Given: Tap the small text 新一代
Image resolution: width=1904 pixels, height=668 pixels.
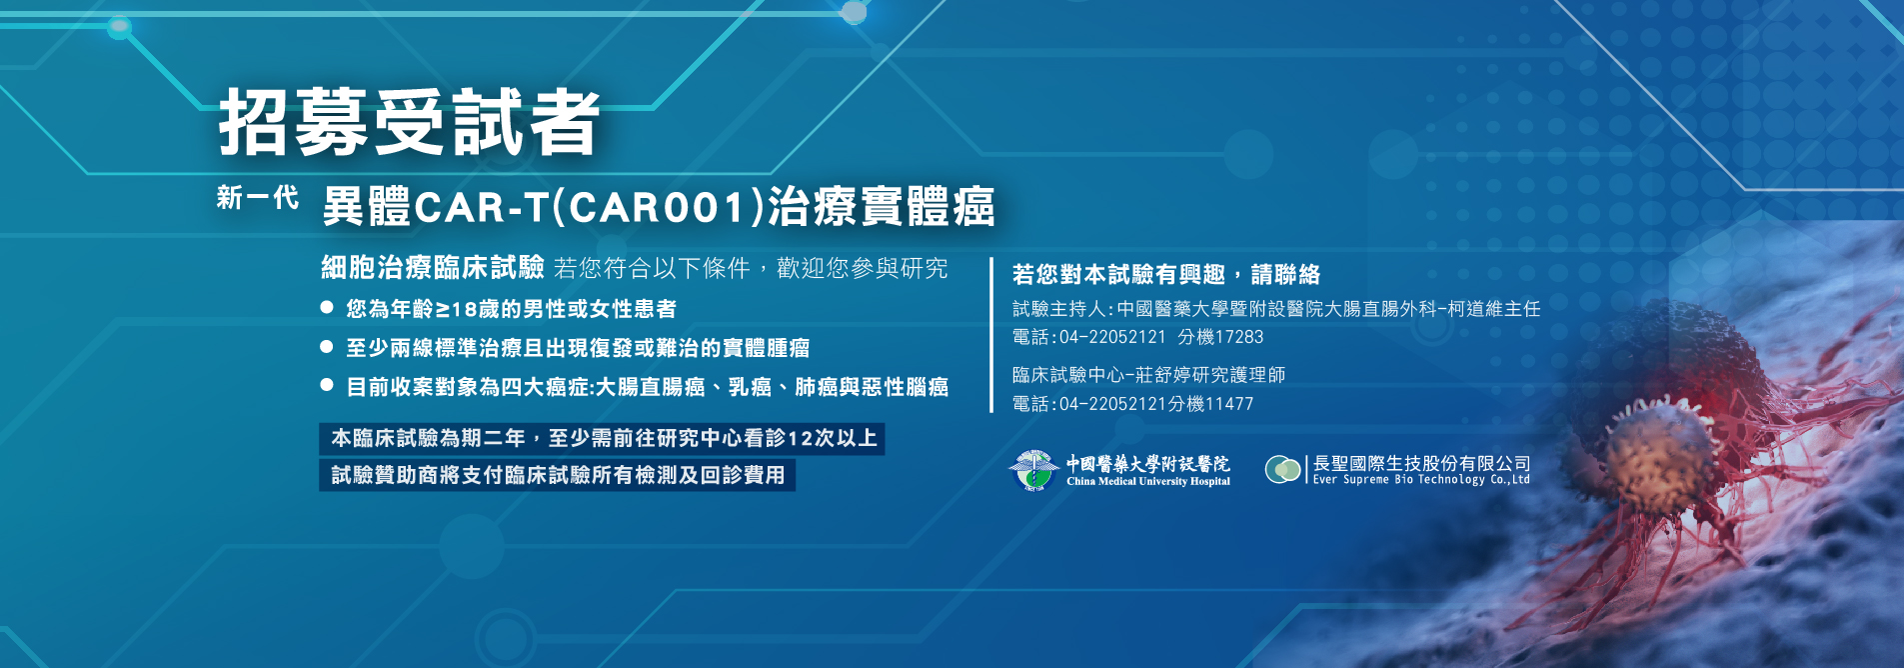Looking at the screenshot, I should coord(257,198).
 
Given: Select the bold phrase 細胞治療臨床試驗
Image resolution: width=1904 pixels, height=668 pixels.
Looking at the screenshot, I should coord(432,267).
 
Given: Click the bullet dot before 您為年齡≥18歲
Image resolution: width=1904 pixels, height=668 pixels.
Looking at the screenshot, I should coord(327,308).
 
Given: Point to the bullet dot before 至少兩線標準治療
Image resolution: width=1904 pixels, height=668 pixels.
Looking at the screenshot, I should coord(327,347).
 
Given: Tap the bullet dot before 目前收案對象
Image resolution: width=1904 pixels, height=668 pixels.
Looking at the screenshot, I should coord(327,385).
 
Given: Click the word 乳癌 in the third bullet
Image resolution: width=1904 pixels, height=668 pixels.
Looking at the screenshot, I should coord(750,387).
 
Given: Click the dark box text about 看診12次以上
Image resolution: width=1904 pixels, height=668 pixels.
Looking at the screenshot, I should coord(602,438).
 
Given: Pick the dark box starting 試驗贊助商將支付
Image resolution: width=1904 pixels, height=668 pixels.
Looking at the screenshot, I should coord(557,475).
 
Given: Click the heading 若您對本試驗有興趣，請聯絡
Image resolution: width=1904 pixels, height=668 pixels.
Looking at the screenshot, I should coord(1165,274).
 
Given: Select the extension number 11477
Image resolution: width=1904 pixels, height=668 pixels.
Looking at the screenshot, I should coord(1228,404).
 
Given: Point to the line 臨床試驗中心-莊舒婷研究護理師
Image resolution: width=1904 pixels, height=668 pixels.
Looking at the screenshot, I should coord(1148,375).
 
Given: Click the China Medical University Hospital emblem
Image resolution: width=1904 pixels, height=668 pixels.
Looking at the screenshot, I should coord(1033,470).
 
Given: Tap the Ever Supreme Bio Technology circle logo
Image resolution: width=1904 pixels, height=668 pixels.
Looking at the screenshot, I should coord(1282,469).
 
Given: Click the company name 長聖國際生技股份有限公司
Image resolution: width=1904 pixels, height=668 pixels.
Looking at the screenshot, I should coord(1421,463).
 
